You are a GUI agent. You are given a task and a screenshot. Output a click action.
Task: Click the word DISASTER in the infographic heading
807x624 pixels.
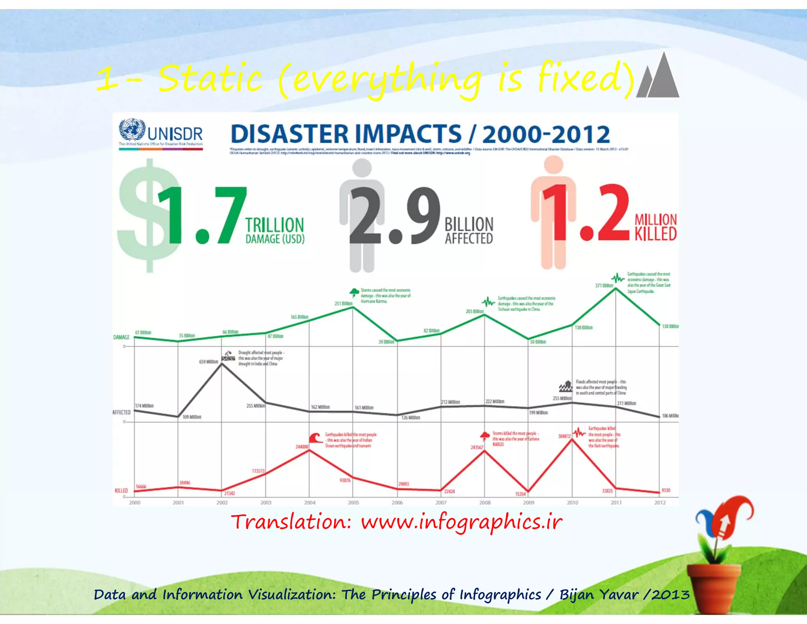coord(290,134)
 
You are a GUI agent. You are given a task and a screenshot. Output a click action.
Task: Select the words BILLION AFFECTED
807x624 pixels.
coord(469,231)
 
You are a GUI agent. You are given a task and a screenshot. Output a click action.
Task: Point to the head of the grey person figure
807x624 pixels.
coord(362,167)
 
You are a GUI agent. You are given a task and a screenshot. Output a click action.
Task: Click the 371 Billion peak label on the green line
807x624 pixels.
coord(604,285)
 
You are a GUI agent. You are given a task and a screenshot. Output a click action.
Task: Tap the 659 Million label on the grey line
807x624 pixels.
coord(208,361)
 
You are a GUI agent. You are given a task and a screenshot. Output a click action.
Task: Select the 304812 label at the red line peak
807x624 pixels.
coord(564,436)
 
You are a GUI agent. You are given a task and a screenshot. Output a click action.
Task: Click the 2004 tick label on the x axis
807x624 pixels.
coord(310,503)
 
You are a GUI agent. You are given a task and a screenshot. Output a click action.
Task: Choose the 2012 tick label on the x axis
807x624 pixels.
coord(660,503)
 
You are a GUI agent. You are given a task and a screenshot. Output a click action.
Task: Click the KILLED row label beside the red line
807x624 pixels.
coord(121,491)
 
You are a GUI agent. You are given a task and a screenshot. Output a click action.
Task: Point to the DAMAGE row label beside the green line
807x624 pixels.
coord(121,337)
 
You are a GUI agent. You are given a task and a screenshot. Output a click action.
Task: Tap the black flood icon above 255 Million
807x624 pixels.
coord(566,386)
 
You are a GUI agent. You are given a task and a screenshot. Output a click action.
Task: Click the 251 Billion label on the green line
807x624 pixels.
coord(343,303)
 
